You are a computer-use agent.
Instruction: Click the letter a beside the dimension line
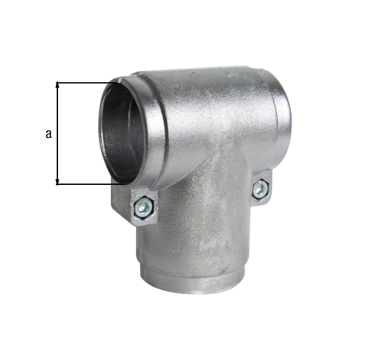(x=49, y=134)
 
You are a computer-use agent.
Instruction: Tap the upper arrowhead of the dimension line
(x=58, y=85)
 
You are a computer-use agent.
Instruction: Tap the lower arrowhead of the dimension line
(x=58, y=180)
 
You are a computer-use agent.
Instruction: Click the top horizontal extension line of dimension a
(x=85, y=82)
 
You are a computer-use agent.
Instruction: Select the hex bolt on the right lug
(x=259, y=189)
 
